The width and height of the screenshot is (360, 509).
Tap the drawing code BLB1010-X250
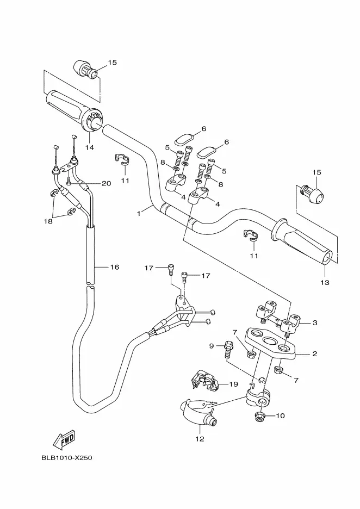(x=66, y=458)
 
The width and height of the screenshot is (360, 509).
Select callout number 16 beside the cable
(x=115, y=267)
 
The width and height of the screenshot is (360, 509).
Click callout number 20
(x=107, y=183)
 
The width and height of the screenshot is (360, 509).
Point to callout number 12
(x=200, y=439)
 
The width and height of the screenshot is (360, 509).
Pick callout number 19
(x=234, y=384)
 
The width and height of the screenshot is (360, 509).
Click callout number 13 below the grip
(x=325, y=283)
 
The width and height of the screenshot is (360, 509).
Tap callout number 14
(x=90, y=147)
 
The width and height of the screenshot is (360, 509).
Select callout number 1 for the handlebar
(x=139, y=213)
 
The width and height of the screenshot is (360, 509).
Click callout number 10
(x=280, y=416)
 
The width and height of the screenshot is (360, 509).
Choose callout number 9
(x=212, y=346)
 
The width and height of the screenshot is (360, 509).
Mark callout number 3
(x=314, y=322)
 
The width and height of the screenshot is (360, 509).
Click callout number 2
(x=314, y=354)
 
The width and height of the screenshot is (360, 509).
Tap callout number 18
(x=48, y=221)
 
